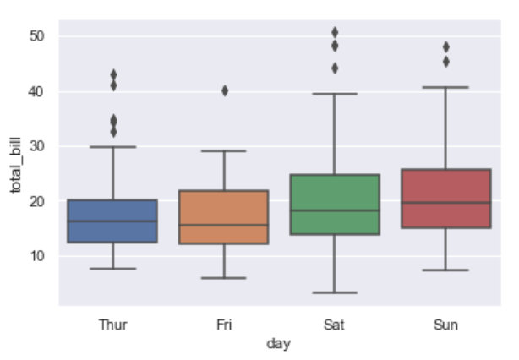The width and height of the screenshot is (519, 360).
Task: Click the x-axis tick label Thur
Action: (112, 324)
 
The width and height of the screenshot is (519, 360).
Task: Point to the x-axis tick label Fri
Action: (224, 324)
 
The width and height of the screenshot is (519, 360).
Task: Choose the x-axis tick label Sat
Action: (335, 324)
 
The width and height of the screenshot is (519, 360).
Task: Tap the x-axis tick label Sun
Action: (445, 324)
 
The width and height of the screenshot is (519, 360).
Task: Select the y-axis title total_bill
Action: (14, 169)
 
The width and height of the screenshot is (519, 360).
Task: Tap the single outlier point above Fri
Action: (224, 90)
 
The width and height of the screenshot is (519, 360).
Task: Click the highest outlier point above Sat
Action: (335, 32)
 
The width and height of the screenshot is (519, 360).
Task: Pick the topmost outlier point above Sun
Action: (445, 46)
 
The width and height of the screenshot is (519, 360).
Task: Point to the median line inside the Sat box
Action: (335, 210)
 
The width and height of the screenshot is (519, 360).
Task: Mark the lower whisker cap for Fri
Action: (224, 278)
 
